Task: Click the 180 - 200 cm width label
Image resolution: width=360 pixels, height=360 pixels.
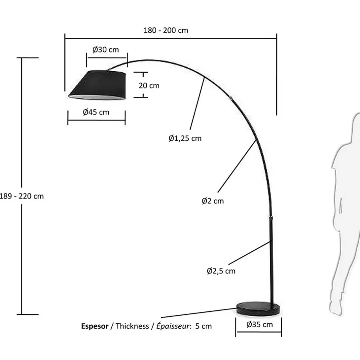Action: (x=166, y=30)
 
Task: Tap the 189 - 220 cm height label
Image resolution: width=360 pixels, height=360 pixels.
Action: (x=22, y=196)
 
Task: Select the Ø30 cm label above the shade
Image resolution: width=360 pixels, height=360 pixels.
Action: (x=106, y=50)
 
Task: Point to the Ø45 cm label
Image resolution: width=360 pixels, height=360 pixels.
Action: (x=96, y=112)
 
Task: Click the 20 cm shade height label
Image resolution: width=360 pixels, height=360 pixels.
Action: (x=149, y=86)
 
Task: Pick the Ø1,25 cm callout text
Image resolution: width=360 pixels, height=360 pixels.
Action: (x=185, y=139)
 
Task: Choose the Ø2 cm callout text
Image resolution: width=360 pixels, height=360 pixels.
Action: (x=213, y=201)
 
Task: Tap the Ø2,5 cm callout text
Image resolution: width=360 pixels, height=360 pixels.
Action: (x=221, y=271)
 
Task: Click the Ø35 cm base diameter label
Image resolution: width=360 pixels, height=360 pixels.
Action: (x=260, y=325)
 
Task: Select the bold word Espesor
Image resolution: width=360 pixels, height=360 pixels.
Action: (x=95, y=326)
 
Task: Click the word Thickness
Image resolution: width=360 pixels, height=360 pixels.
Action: (x=132, y=326)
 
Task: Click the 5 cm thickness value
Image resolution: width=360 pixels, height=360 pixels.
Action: (x=203, y=326)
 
